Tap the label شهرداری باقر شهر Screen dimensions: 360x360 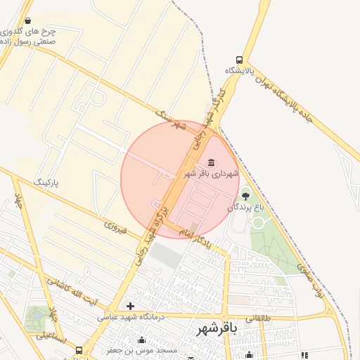(212, 173)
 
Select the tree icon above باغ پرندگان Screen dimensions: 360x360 (245, 195)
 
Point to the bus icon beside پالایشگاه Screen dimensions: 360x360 (240, 60)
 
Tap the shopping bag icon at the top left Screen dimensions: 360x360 (27, 21)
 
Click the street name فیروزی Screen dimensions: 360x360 (115, 226)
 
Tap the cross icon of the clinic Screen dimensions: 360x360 (130, 306)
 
